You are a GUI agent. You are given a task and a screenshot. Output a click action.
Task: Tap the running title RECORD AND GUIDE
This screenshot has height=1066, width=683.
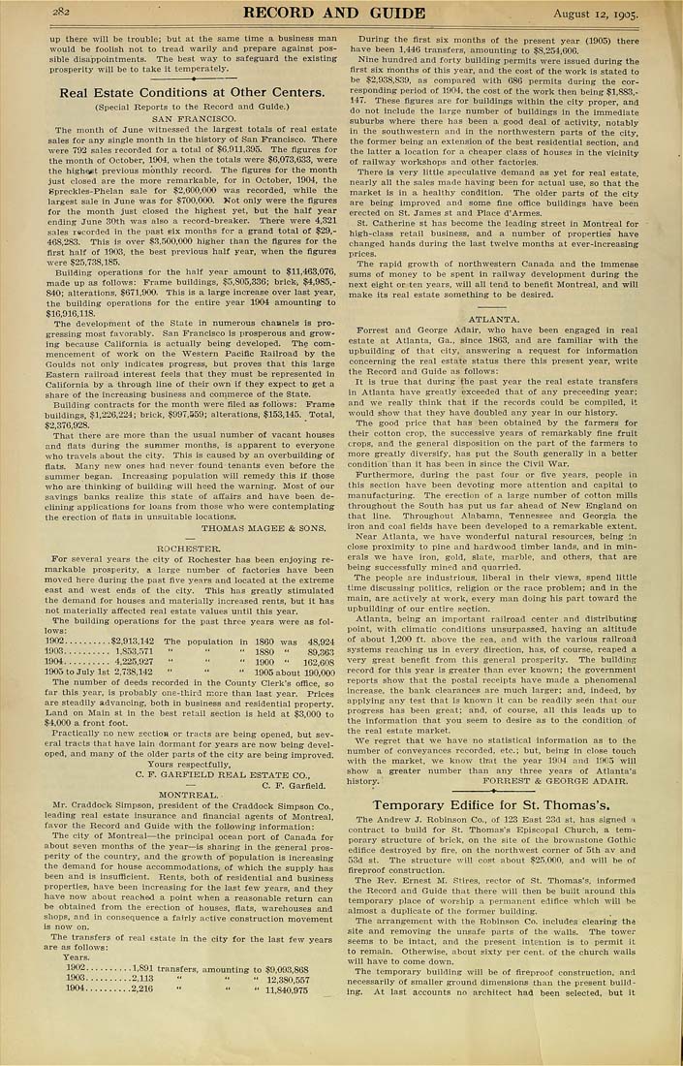tap(334, 13)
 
